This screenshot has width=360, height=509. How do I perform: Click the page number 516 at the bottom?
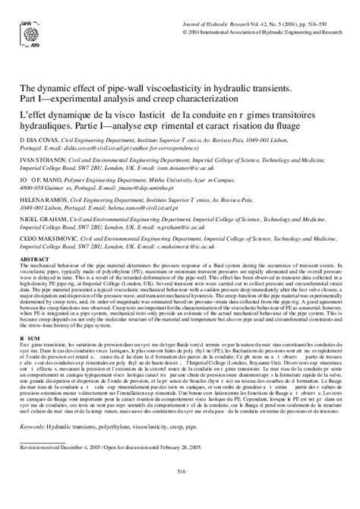click(180, 492)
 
